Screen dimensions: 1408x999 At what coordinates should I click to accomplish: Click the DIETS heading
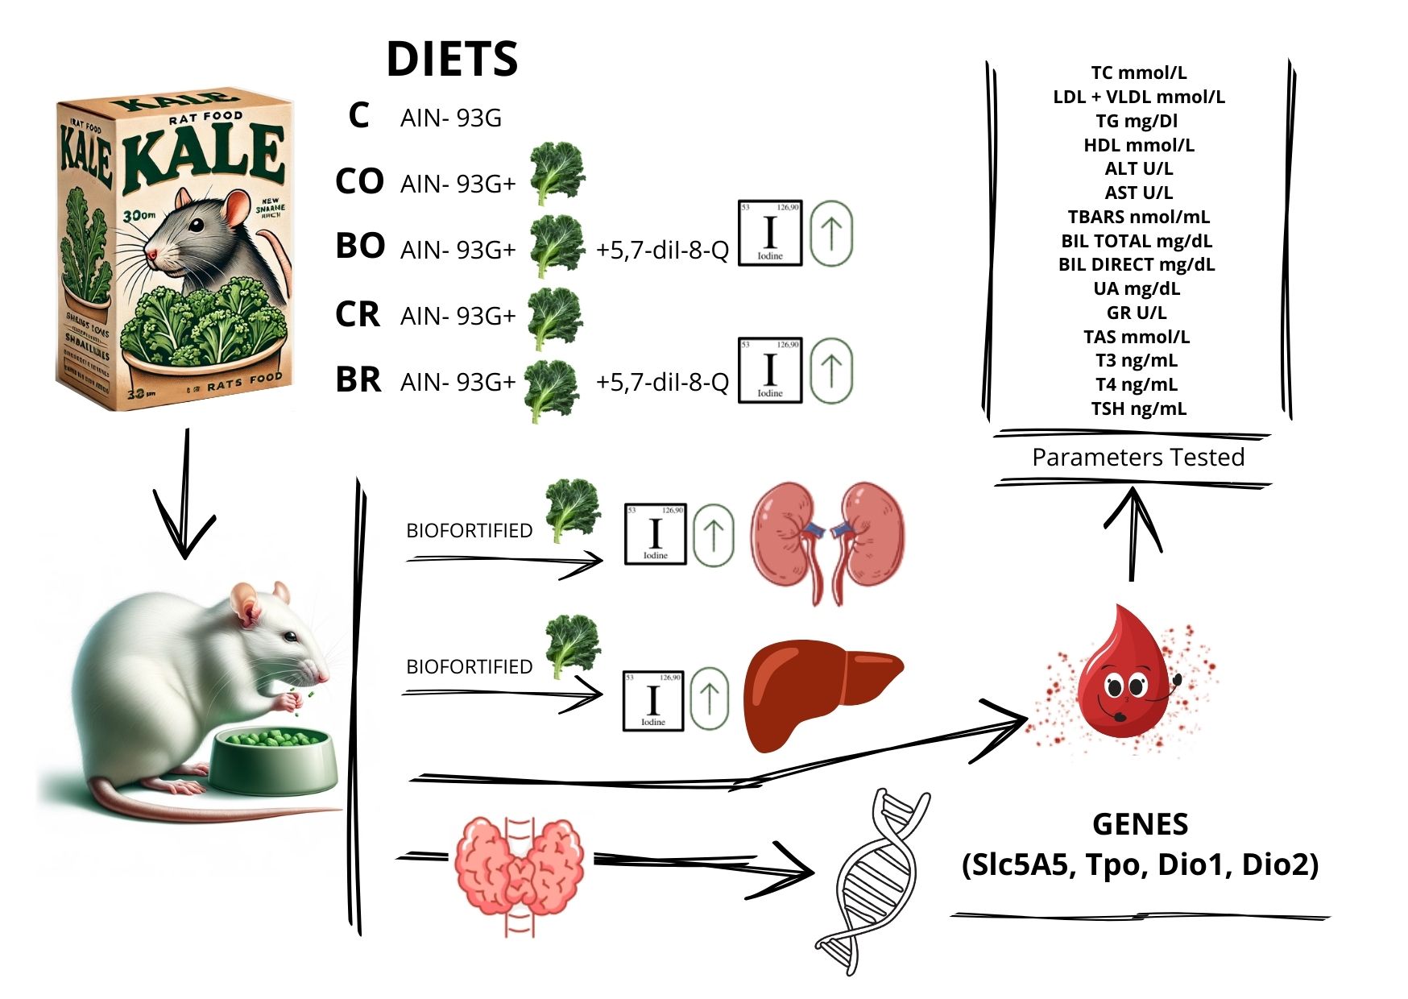[x=452, y=59]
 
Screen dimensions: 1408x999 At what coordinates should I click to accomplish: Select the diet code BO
[x=360, y=246]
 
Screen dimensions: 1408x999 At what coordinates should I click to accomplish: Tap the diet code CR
[x=358, y=314]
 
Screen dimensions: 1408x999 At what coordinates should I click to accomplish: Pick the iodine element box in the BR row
[x=769, y=370]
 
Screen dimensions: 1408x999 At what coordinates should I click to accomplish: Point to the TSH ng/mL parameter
[x=1138, y=408]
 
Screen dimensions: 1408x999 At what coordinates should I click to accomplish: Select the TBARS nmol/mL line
[x=1138, y=217]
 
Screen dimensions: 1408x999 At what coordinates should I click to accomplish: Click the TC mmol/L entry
[x=1138, y=73]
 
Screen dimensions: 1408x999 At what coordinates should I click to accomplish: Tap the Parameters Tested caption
[x=1137, y=457]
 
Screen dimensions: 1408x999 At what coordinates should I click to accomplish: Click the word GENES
[x=1140, y=824]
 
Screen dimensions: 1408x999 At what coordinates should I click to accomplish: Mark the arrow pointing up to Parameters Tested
[x=1133, y=532]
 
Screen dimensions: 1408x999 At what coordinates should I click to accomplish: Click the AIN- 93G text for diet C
[x=451, y=118]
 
